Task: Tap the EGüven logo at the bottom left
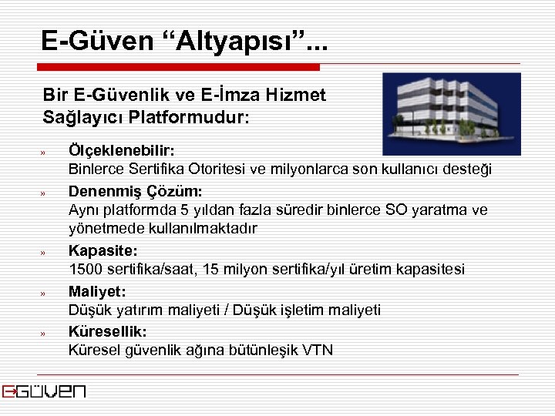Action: pyautogui.click(x=44, y=391)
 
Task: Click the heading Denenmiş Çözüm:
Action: pyautogui.click(x=135, y=190)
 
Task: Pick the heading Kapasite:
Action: pyautogui.click(x=103, y=250)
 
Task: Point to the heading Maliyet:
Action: pyautogui.click(x=97, y=291)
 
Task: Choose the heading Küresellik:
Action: pyautogui.click(x=108, y=331)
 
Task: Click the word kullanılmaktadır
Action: pyautogui.click(x=202, y=230)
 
